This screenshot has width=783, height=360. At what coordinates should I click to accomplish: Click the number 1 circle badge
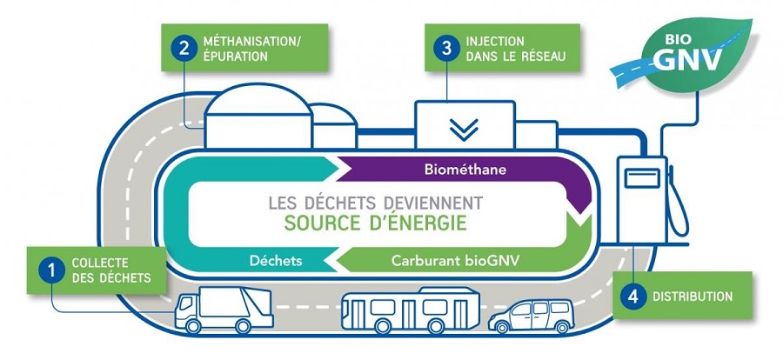[51, 270]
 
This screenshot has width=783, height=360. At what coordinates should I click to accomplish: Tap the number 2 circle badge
[184, 48]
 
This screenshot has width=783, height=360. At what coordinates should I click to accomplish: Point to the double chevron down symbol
[465, 129]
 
